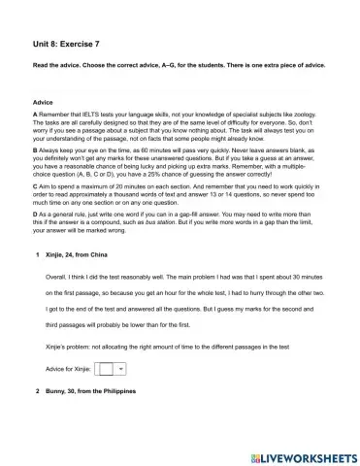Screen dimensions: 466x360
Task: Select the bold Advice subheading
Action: coord(43,101)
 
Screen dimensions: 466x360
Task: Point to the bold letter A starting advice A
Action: coord(35,115)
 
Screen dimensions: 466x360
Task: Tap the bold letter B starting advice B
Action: coord(35,152)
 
